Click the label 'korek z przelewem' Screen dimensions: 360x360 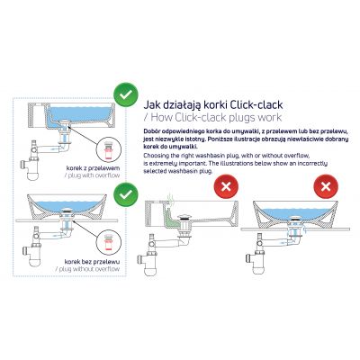[87, 167]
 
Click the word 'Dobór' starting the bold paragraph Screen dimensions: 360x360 [153, 130]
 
